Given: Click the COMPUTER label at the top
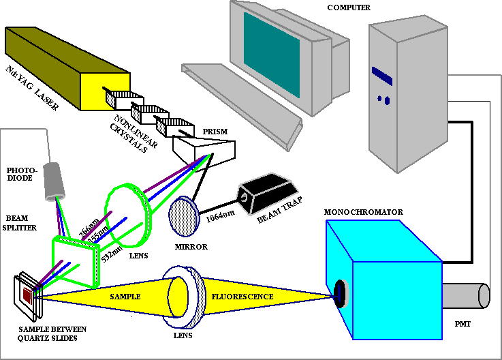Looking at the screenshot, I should click(348, 7).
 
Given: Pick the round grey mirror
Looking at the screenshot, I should click(184, 216).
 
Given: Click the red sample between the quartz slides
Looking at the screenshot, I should click(28, 295).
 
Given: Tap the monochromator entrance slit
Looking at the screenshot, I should click(339, 295).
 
